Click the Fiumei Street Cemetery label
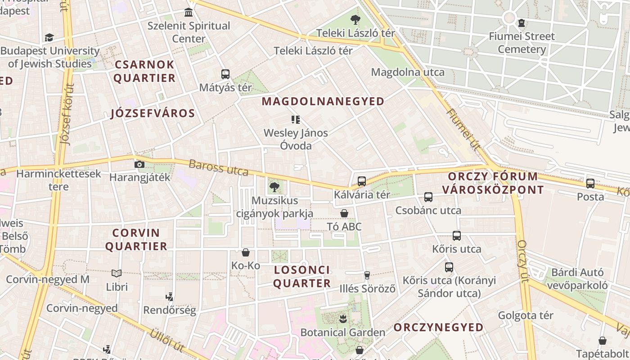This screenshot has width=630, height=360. (522, 43)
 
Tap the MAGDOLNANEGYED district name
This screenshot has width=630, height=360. (323, 101)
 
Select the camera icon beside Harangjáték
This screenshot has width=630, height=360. (139, 164)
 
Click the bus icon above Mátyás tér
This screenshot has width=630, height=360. (225, 74)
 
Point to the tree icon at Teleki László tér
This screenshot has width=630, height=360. (355, 20)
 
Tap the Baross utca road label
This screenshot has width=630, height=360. (218, 167)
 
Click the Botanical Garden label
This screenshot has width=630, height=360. (342, 333)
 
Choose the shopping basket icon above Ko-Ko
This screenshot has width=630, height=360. (246, 252)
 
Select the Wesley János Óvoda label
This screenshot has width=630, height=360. (296, 139)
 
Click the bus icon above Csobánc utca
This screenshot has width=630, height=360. (428, 197)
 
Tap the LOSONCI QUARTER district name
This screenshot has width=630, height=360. (302, 277)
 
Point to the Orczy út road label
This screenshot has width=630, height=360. (522, 261)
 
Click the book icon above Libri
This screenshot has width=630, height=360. (117, 273)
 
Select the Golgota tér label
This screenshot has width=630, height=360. (525, 315)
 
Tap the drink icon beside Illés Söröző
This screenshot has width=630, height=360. (367, 275)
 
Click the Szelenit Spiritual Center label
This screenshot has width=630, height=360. (189, 32)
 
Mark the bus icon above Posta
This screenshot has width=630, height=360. (590, 184)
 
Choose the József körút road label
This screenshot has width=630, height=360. (67, 115)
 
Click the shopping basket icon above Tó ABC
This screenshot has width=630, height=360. (344, 213)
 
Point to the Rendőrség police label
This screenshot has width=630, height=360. (170, 310)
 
